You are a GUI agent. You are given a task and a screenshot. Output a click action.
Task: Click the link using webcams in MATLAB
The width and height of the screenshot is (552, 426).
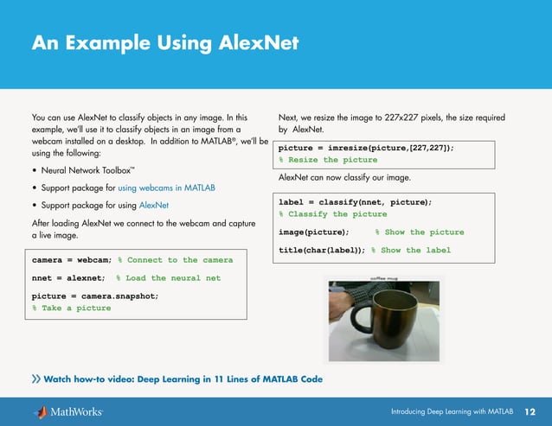pos(166,188)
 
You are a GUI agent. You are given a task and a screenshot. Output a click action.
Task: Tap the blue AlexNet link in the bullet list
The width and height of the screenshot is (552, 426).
pos(154,206)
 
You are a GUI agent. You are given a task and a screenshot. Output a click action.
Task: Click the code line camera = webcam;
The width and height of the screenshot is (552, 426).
pos(72,259)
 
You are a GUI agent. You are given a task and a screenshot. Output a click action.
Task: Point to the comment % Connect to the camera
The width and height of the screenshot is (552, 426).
pos(175,259)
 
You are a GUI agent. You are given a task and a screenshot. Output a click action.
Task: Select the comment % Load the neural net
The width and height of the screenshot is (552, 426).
pos(173,278)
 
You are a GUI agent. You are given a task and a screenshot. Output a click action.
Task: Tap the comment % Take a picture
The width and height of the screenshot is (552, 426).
pos(72,308)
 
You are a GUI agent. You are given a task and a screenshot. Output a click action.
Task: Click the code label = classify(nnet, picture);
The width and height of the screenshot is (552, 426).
pos(355,202)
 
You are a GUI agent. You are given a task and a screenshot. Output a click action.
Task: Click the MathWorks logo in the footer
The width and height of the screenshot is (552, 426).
pos(68,411)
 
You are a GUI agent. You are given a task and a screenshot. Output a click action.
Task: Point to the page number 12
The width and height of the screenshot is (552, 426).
pos(530,411)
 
